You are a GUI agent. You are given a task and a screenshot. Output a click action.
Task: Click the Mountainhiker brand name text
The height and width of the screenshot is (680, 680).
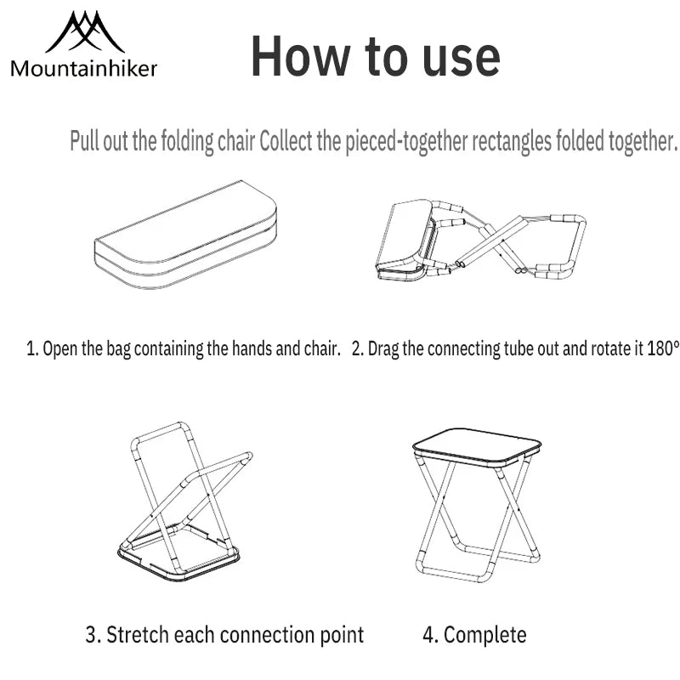click(x=84, y=69)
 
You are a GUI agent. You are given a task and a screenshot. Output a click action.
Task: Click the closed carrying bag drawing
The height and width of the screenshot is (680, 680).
click(x=184, y=235)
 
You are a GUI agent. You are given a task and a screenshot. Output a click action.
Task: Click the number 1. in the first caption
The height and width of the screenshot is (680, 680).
click(x=32, y=348)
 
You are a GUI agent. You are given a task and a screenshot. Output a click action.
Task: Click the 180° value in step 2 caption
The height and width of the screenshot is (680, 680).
click(x=663, y=348)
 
